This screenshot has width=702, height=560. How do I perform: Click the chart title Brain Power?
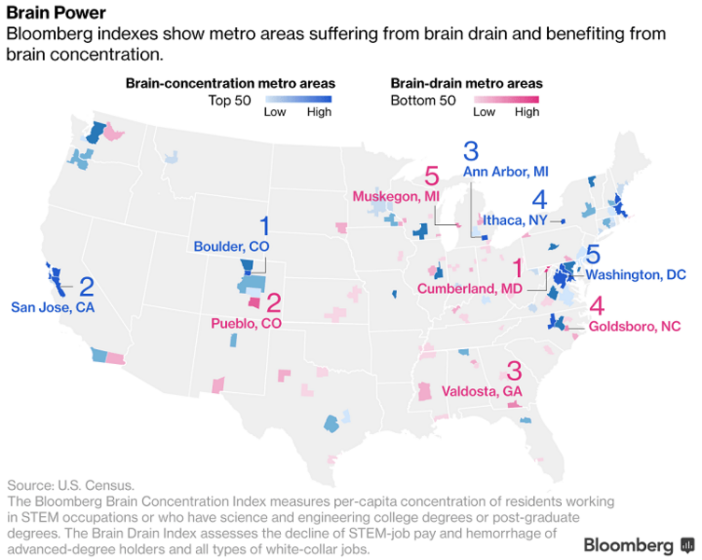coord(55,13)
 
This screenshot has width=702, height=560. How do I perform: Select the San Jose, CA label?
coord(52,306)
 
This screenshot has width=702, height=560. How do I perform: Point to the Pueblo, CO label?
coord(247,323)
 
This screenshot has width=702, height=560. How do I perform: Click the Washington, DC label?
coord(637,275)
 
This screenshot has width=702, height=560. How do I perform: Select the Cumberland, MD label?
coord(470,289)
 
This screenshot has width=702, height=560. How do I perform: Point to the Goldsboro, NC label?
coord(635,327)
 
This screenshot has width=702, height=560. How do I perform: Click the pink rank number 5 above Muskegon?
coord(430,175)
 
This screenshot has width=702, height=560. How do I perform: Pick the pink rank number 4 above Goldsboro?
coord(597,305)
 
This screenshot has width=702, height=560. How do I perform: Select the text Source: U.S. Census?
coord(71,486)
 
